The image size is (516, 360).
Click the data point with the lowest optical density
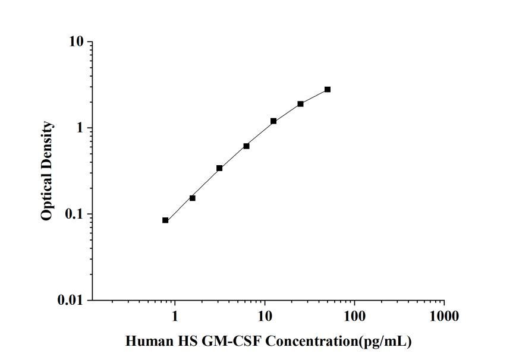165,220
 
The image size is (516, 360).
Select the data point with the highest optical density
328,90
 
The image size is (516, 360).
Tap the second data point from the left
193,198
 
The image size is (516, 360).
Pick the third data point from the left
219,168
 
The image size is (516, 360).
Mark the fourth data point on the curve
246,146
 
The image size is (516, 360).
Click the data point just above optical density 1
273,121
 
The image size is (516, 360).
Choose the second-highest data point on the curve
301,104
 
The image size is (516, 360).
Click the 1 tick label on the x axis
175,316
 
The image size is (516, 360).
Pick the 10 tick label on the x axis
265,316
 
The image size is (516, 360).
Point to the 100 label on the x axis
355,316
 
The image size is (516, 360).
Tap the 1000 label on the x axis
444,316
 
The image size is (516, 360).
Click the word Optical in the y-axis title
47,198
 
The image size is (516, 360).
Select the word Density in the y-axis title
47,147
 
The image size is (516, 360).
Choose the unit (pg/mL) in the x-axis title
390,342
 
